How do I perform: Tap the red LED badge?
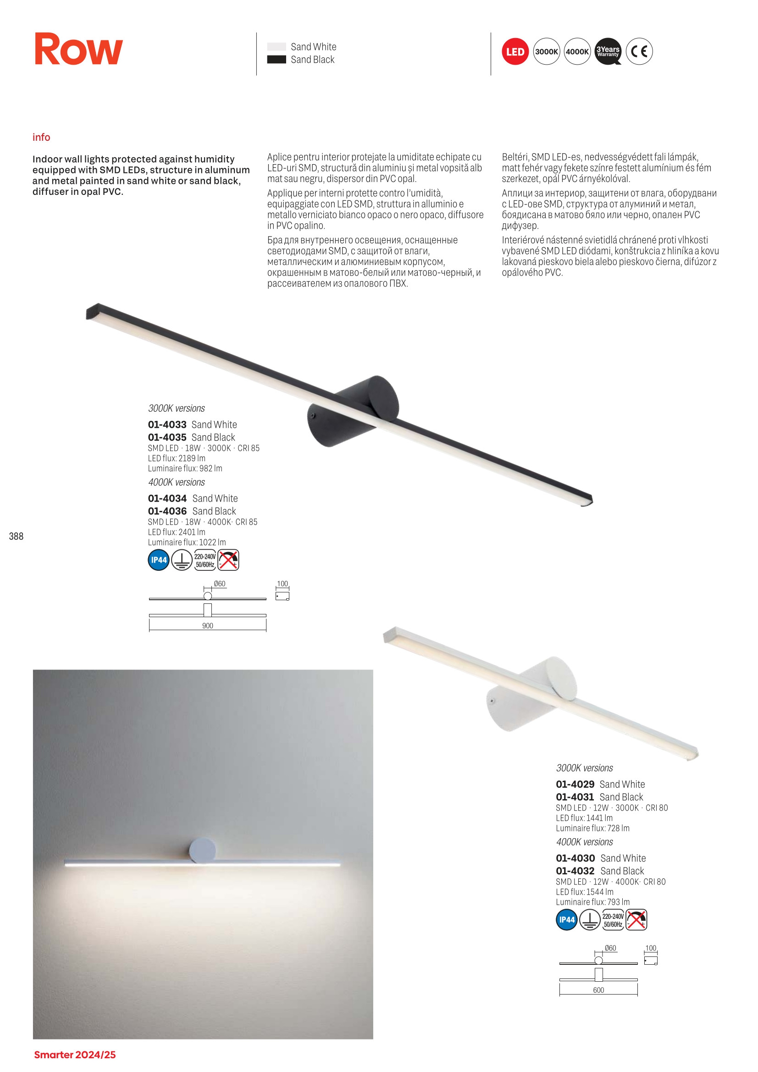[515, 51]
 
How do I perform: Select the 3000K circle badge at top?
[546, 51]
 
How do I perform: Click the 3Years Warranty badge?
[608, 51]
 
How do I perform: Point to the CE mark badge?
[639, 51]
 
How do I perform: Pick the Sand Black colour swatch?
[277, 60]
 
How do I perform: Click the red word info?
[41, 137]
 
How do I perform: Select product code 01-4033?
[167, 425]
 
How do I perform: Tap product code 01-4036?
[167, 511]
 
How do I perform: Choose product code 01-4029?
[575, 785]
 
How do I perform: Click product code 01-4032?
[575, 871]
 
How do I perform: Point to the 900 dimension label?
[208, 626]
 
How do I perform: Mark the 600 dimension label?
[598, 990]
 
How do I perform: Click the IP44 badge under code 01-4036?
[159, 560]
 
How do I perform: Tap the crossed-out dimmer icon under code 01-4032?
[636, 919]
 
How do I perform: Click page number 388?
[17, 536]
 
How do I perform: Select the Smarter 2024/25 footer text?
[75, 1055]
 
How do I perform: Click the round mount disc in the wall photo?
[203, 850]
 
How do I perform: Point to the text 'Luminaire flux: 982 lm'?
[185, 468]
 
